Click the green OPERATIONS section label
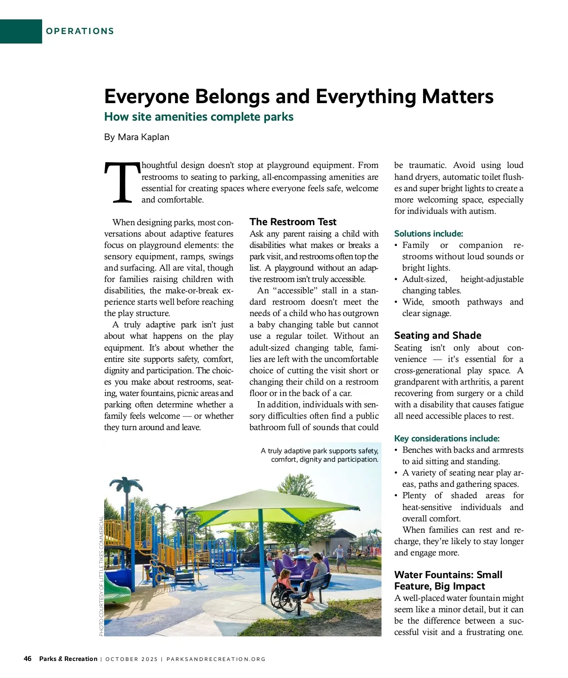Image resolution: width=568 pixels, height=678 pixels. [x=80, y=31]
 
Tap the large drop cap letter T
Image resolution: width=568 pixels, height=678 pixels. [x=122, y=183]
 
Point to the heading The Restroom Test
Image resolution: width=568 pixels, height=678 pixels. [x=293, y=222]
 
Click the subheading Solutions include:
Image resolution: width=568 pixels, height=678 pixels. [x=428, y=234]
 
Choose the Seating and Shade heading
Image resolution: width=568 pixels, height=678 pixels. [x=437, y=335]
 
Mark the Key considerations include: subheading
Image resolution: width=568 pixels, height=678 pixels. [x=446, y=439]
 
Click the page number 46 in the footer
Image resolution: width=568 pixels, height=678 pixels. [x=27, y=659]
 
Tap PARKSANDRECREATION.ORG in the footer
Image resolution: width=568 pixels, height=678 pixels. [x=216, y=659]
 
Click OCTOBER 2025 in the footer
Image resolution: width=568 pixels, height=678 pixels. [x=131, y=659]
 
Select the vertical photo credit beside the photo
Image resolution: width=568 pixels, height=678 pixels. [x=101, y=576]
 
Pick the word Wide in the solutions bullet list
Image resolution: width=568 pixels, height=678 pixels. [x=412, y=302]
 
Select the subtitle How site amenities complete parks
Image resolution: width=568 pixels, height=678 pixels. [x=198, y=117]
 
